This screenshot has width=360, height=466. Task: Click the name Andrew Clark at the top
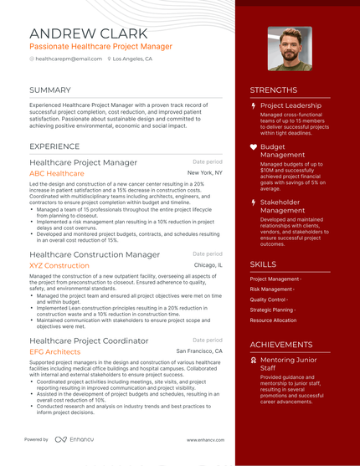[x=85, y=33]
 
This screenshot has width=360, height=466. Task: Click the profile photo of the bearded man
[x=290, y=49]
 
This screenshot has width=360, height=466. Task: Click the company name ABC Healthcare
[x=57, y=173]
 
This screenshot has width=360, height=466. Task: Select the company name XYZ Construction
[x=59, y=265]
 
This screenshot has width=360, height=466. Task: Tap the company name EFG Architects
[x=55, y=352]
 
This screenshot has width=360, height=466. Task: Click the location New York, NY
[x=205, y=173]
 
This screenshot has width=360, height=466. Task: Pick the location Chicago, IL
[x=208, y=265]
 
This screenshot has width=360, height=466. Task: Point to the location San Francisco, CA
[x=199, y=352]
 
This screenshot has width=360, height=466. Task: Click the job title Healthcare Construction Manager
[x=95, y=253]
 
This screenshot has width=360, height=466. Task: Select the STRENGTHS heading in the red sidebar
[x=274, y=90]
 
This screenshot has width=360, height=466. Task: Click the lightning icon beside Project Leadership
[x=254, y=106]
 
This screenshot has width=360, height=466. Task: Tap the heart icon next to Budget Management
[x=254, y=146]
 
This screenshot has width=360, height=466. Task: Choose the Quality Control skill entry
[x=269, y=300]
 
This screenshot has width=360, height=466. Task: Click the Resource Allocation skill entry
[x=273, y=320]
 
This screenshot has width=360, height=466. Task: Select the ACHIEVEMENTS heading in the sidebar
[x=281, y=344]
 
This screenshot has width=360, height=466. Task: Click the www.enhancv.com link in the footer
[x=203, y=439]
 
